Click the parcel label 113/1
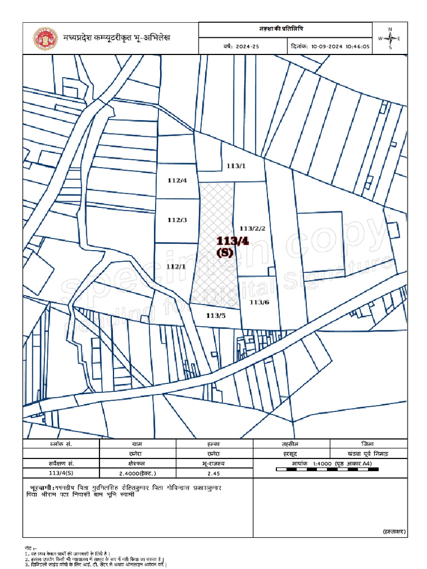click(x=236, y=166)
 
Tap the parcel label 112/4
click(x=177, y=180)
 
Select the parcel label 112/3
click(x=177, y=220)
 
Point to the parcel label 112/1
click(x=176, y=266)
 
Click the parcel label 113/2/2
click(x=252, y=228)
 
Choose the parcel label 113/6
click(x=259, y=302)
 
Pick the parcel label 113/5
click(x=215, y=315)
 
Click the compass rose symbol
click(x=390, y=38)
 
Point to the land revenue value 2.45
click(x=214, y=473)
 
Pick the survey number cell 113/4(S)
click(x=61, y=473)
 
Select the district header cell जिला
click(x=368, y=444)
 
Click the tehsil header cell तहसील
click(x=291, y=444)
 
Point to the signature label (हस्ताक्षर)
click(x=394, y=532)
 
